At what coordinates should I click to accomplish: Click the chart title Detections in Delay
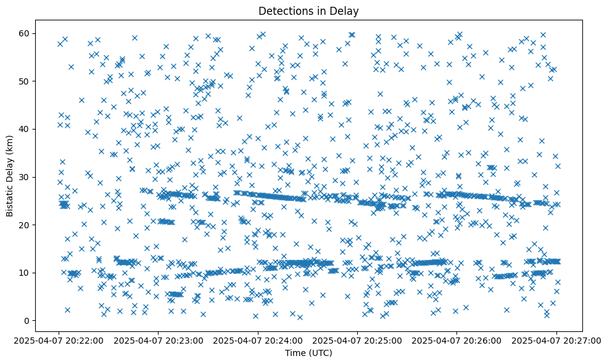point(308,10)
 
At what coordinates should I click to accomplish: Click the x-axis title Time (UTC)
point(308,353)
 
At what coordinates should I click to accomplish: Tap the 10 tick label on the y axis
point(26,273)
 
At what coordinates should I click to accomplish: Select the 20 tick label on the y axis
point(26,225)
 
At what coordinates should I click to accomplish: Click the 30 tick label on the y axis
point(26,177)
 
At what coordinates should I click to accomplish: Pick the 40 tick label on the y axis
point(26,129)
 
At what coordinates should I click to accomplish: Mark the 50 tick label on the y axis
point(26,81)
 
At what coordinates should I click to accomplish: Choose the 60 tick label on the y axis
point(26,33)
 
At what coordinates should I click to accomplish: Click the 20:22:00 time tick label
point(59,340)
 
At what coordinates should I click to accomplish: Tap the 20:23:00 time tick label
point(159,340)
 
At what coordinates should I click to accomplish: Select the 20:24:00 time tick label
point(258,340)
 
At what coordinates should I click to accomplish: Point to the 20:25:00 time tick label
point(357,340)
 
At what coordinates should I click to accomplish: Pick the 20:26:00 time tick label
point(456,340)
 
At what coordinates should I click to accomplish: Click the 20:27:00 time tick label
point(556,340)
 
